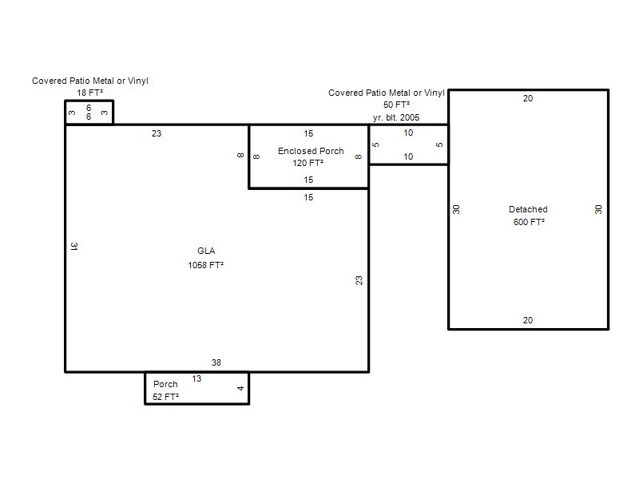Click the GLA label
coord(206,251)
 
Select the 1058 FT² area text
coord(206,265)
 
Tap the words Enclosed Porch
coord(311,151)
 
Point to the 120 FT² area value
coord(308,163)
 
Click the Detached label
coord(528,209)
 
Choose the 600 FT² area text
coord(529,222)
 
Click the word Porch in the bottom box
coord(165,384)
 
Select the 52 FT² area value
coord(166,397)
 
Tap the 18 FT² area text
coord(90,93)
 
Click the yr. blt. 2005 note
coord(396,117)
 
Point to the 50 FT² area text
coord(396,105)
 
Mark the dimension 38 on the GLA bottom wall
coord(216,362)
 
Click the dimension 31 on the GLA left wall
coord(74,247)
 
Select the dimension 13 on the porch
coord(196,378)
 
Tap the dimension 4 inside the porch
coord(240,388)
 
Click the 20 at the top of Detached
coord(528,98)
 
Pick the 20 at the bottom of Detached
coord(528,321)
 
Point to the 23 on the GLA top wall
coord(157,133)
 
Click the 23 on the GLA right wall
coord(359,281)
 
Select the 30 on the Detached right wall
coord(598,210)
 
